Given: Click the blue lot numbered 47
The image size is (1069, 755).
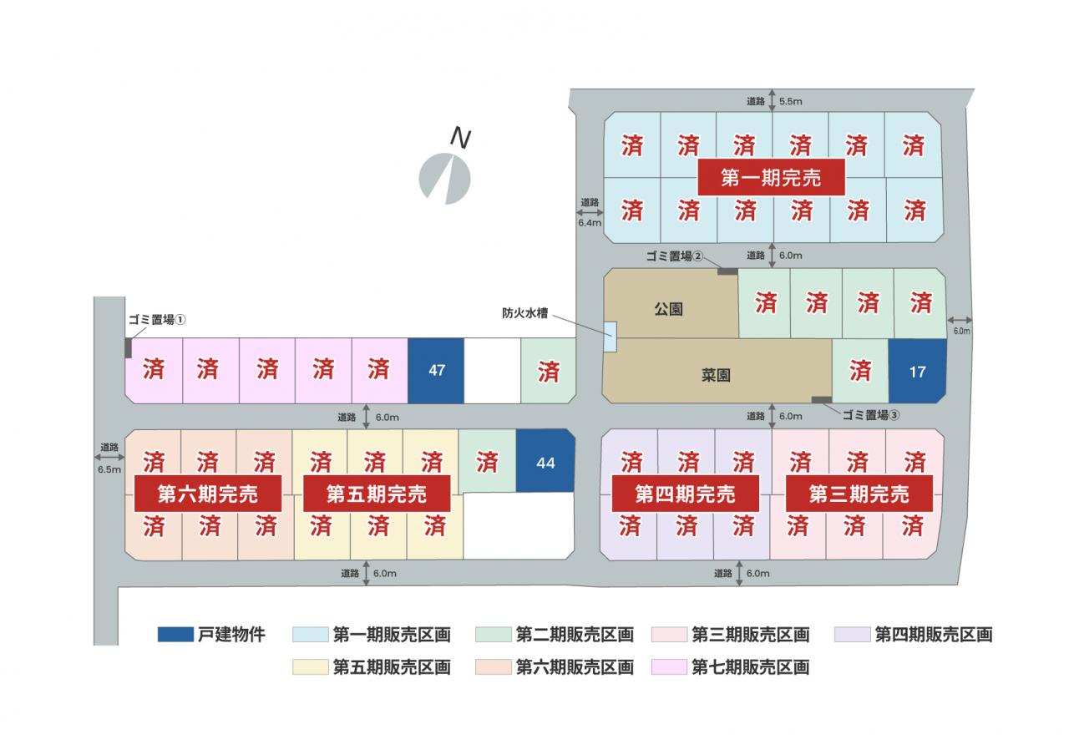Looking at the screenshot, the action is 436,371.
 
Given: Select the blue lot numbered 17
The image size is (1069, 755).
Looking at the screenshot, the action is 917,372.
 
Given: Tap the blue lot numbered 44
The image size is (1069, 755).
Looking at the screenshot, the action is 545,461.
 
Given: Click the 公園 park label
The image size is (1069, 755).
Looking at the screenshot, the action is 668,309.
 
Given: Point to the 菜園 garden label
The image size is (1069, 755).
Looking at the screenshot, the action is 716,376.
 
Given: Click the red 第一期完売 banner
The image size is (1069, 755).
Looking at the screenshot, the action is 771,178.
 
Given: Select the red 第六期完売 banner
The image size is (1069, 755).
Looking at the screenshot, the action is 208,494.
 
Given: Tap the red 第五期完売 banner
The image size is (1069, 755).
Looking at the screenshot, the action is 377,494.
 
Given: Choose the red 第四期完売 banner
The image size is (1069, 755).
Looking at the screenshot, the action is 686,494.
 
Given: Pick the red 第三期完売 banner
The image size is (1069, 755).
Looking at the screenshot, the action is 859,494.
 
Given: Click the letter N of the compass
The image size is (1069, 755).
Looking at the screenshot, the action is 460,138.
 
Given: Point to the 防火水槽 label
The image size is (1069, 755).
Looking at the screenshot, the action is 525,313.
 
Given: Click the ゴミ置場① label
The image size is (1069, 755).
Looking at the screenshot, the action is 157,319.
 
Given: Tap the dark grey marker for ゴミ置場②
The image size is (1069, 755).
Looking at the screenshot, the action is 727,271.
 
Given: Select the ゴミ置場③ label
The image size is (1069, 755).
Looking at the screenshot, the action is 870,415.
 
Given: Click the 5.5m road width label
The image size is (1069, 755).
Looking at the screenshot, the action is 790,101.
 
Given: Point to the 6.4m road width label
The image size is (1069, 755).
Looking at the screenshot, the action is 590,223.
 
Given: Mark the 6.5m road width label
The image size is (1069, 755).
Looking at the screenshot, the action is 109,469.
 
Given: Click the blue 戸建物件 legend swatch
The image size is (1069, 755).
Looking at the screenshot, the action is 175,634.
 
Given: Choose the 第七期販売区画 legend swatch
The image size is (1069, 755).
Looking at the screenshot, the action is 669,666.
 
